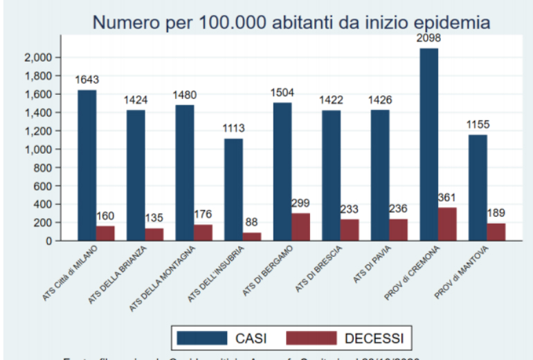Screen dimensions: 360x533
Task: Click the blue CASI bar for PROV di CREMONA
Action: pos(428,145)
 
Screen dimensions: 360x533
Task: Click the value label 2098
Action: pos(428,38)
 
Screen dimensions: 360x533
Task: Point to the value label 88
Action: pos(252,222)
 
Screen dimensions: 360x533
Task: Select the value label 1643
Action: pos(87,80)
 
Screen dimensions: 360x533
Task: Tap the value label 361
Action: pos(448,197)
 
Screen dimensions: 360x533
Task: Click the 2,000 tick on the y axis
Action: pos(39,57)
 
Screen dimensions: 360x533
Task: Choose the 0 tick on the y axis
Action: pos(50,241)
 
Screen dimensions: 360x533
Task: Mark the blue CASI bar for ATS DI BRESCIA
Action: pos(331,176)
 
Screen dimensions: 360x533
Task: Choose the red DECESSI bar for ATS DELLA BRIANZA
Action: pos(154,235)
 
